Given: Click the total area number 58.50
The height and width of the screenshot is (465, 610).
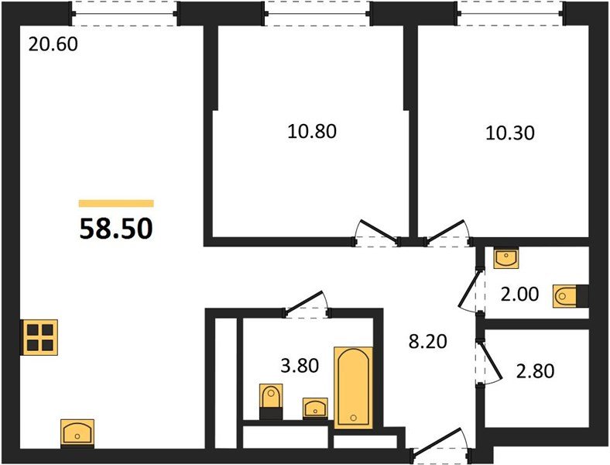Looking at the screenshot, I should [x=116, y=228].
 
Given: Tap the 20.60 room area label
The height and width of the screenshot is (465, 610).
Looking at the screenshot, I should [x=53, y=45].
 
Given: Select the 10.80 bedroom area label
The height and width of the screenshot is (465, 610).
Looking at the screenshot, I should [x=312, y=131].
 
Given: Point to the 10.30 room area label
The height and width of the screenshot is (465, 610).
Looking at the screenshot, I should [x=510, y=133].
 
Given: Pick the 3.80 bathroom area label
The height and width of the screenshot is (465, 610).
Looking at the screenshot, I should [x=298, y=365].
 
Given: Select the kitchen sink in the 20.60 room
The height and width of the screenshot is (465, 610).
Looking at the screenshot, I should [x=77, y=432].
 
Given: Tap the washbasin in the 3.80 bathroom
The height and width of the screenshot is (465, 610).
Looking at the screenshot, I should [x=314, y=408].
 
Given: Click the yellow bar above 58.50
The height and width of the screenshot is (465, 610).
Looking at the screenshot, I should [x=116, y=204].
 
